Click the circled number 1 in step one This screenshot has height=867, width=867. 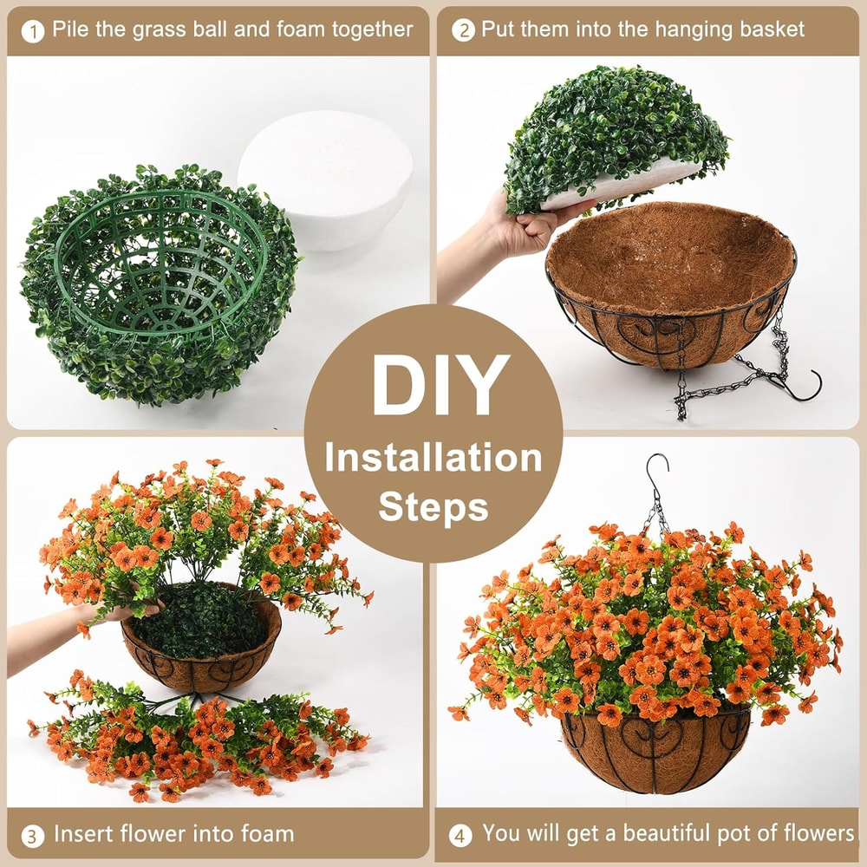click(32, 31)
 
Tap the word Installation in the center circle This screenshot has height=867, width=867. click(433, 457)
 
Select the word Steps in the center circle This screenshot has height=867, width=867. click(433, 506)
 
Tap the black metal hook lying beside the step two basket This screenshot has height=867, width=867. click(803, 386)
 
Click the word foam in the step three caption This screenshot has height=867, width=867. click(265, 835)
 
